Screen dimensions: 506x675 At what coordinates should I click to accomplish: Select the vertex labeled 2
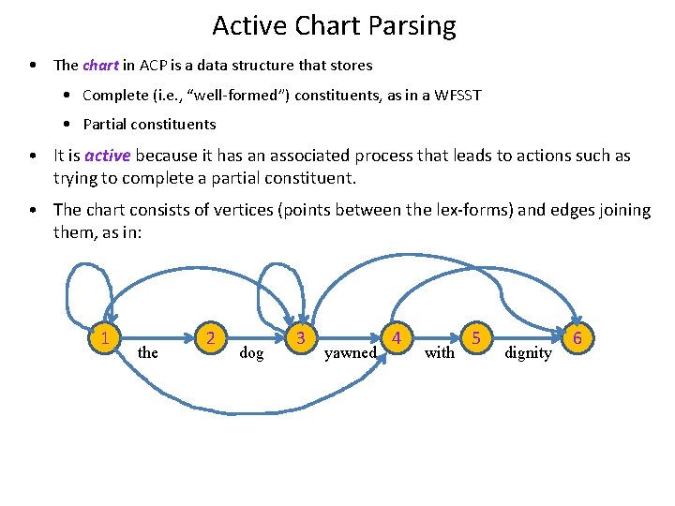pos(213,337)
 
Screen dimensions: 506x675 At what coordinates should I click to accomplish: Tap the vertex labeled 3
pos(301,337)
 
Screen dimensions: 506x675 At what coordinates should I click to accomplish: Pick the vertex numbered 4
pos(397,337)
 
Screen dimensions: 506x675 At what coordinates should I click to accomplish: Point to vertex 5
pos(477,337)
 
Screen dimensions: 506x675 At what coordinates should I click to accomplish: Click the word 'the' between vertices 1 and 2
pos(147,353)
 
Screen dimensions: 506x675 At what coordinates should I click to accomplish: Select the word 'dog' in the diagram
pos(251,353)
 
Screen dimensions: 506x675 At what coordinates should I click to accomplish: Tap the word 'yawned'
pos(350,353)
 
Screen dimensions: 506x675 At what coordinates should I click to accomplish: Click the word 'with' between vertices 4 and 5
pos(439,353)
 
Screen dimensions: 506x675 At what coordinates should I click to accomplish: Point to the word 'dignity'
pos(528,353)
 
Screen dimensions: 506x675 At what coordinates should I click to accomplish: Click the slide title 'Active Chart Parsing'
pos(334,25)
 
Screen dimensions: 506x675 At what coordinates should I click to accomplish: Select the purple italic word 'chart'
pos(100,66)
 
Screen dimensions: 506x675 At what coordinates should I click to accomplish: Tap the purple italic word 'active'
pos(108,156)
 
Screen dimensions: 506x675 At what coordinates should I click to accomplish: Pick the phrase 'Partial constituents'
pos(149,124)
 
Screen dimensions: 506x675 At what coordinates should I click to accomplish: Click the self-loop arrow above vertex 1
pos(83,272)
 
